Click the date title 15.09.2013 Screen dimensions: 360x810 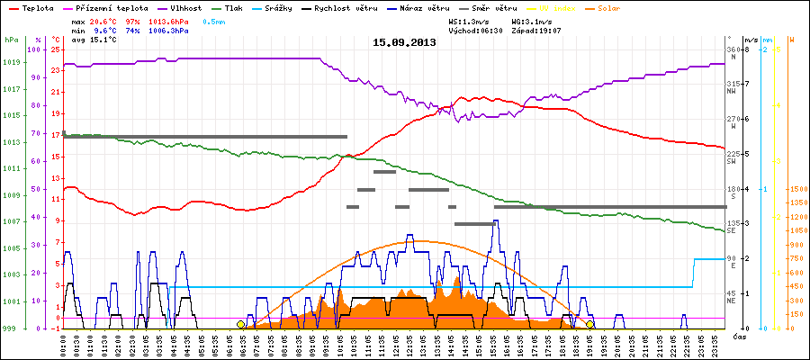coord(404,42)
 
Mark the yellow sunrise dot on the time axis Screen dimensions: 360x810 coord(240,324)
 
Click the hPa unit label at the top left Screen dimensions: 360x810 coord(11,40)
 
